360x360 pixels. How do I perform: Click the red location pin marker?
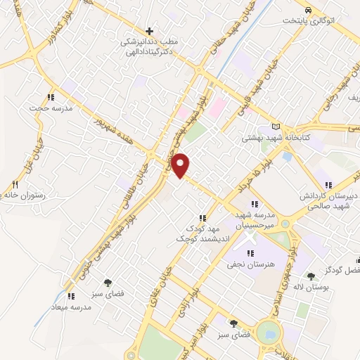coord(181,165)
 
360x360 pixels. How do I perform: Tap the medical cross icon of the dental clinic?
coord(149,31)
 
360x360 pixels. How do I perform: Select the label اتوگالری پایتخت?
coord(323,20)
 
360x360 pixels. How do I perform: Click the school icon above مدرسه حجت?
coord(51,97)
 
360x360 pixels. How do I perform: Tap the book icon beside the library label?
coord(275,127)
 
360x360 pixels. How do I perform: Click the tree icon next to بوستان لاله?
coord(311,276)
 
